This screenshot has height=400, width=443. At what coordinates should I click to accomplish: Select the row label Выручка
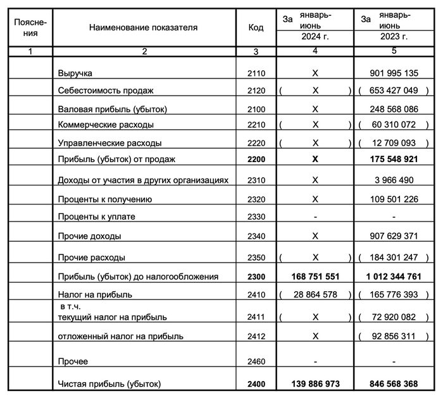point(74,73)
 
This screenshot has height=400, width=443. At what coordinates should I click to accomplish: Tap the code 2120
point(257,91)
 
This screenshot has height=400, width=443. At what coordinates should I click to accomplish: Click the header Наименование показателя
point(144,28)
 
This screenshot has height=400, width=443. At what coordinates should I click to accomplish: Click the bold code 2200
point(257,159)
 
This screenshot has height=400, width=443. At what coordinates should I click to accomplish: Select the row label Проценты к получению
point(105,199)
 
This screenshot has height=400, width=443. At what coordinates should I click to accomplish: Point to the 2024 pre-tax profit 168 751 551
point(315,277)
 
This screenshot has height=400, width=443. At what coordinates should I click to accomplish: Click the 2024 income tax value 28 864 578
point(315,295)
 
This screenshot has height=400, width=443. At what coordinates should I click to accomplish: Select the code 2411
point(257,316)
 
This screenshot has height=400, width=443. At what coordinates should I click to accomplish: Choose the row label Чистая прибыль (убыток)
point(109,384)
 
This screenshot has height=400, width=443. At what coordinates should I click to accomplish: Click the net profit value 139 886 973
point(315,384)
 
